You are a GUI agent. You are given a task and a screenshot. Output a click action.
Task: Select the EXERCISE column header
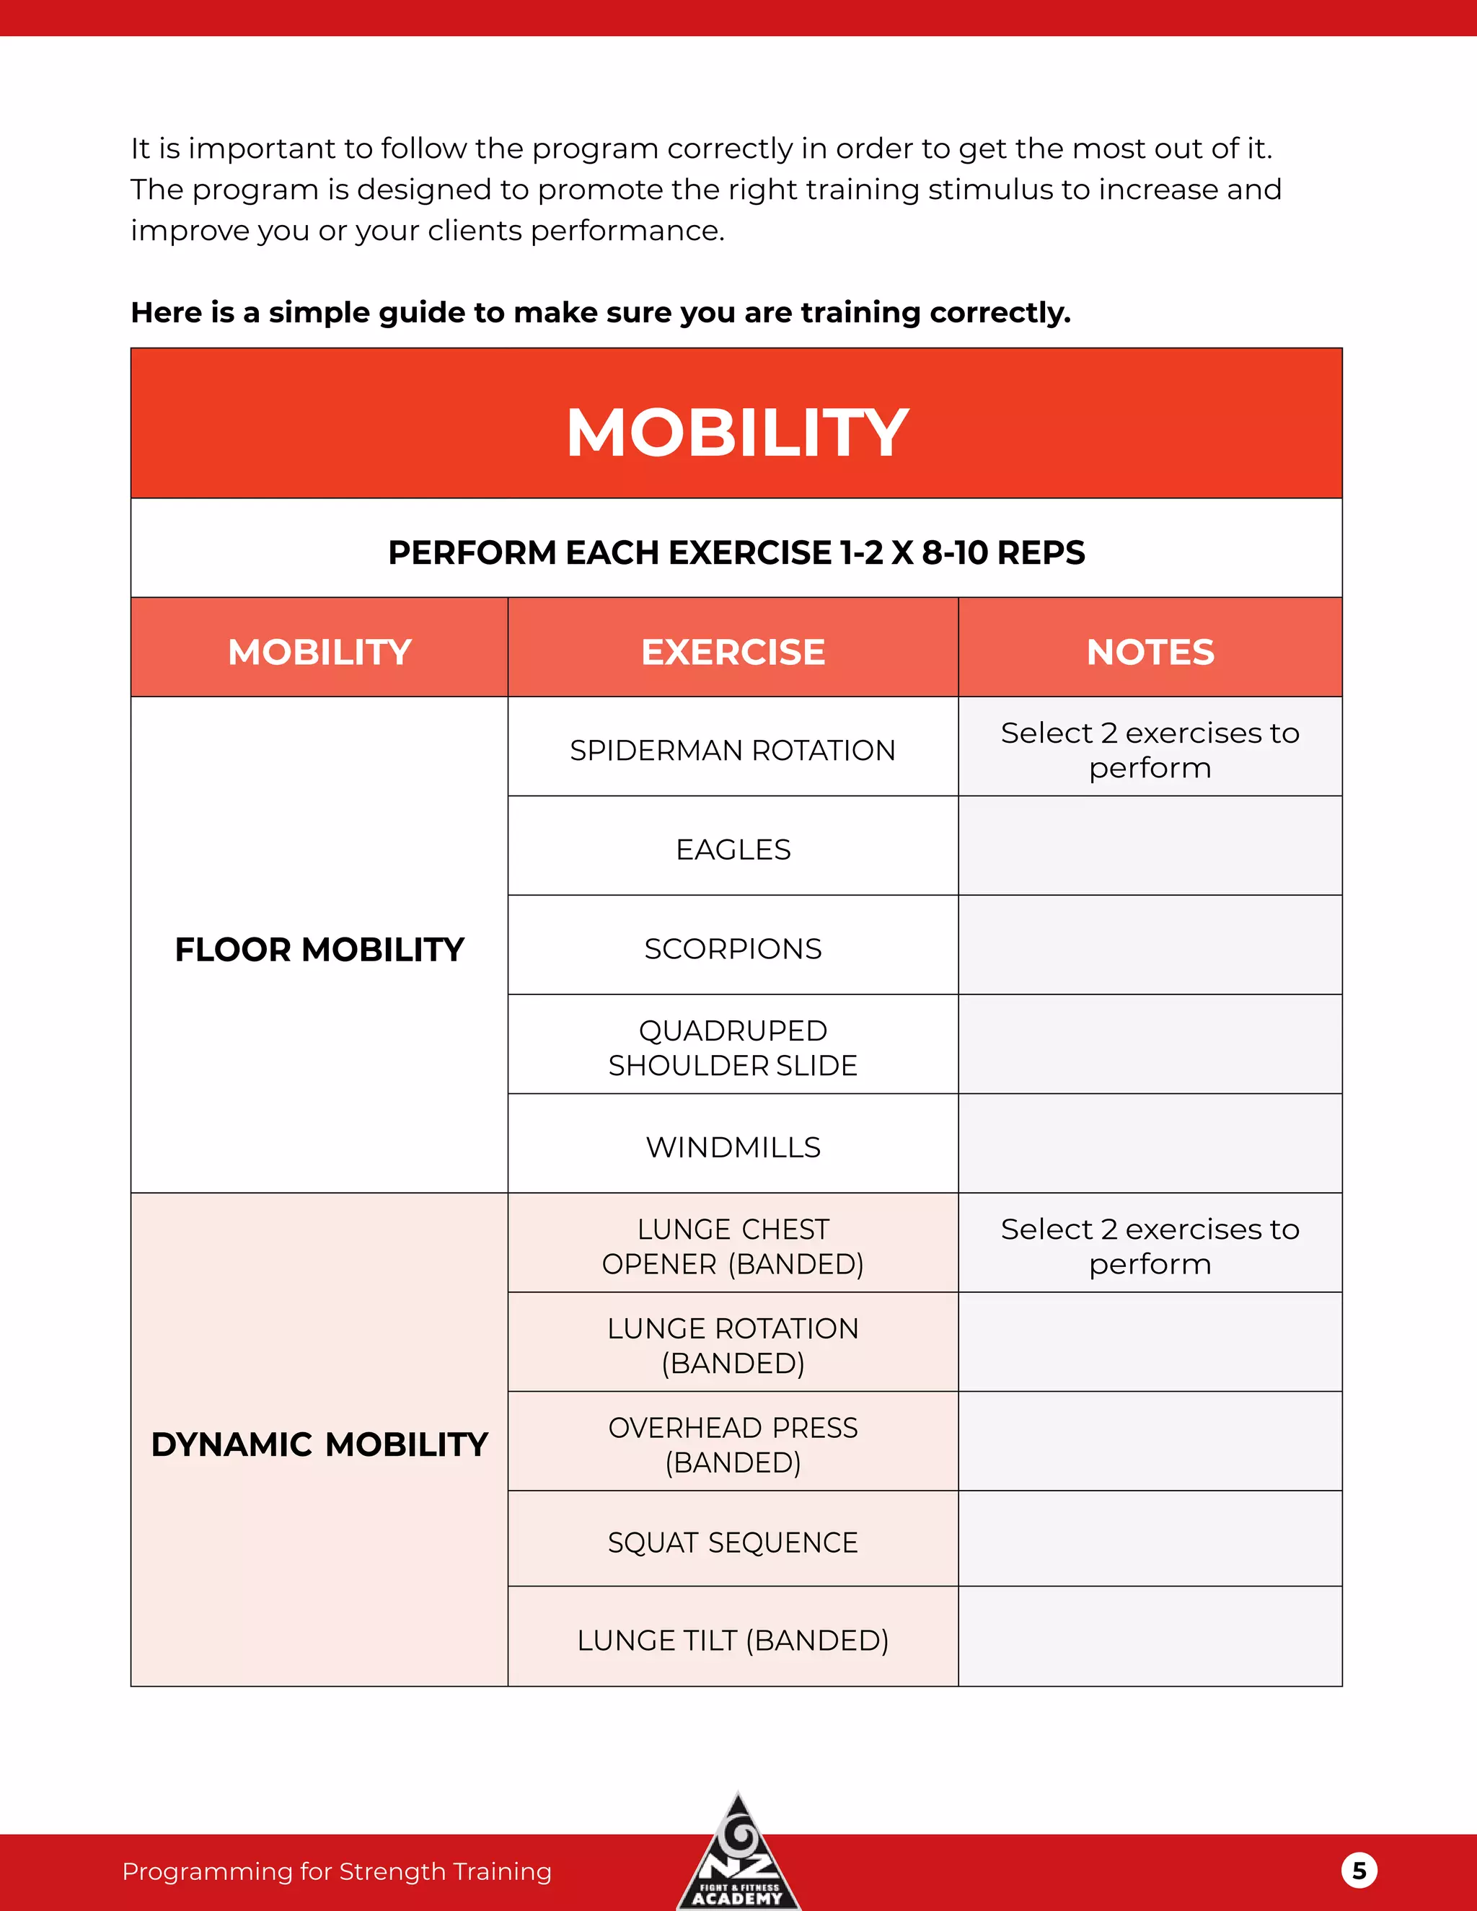pyautogui.click(x=733, y=652)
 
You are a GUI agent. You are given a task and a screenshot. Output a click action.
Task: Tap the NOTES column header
pyautogui.click(x=1150, y=652)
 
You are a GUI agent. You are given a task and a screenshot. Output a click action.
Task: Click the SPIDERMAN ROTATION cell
pyautogui.click(x=733, y=750)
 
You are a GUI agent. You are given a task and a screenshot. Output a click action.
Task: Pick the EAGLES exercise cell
pyautogui.click(x=733, y=849)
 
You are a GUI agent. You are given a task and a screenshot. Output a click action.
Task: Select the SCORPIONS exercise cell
pyautogui.click(x=733, y=948)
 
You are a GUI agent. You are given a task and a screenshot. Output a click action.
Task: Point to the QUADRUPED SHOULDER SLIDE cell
pyautogui.click(x=733, y=1047)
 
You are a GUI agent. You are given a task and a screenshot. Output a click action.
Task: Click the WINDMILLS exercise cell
pyautogui.click(x=733, y=1147)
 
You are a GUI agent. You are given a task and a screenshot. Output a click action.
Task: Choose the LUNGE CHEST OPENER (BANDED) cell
pyautogui.click(x=733, y=1246)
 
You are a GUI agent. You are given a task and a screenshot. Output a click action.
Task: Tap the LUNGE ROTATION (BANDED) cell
pyautogui.click(x=733, y=1345)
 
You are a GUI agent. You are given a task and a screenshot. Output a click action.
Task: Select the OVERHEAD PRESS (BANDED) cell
pyautogui.click(x=733, y=1444)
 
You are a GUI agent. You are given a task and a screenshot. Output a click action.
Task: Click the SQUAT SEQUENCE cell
pyautogui.click(x=733, y=1542)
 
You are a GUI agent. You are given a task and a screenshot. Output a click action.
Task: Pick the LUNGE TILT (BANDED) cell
pyautogui.click(x=733, y=1640)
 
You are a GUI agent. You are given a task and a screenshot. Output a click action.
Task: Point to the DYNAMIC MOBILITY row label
pyautogui.click(x=319, y=1444)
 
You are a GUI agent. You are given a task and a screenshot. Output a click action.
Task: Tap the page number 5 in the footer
pyautogui.click(x=1359, y=1871)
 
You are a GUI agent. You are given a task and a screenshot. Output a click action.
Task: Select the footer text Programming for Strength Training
pyautogui.click(x=337, y=1871)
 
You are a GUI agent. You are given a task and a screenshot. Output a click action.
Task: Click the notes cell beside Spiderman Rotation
pyautogui.click(x=1150, y=750)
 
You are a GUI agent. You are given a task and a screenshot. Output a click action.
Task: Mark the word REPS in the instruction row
pyautogui.click(x=1041, y=553)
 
